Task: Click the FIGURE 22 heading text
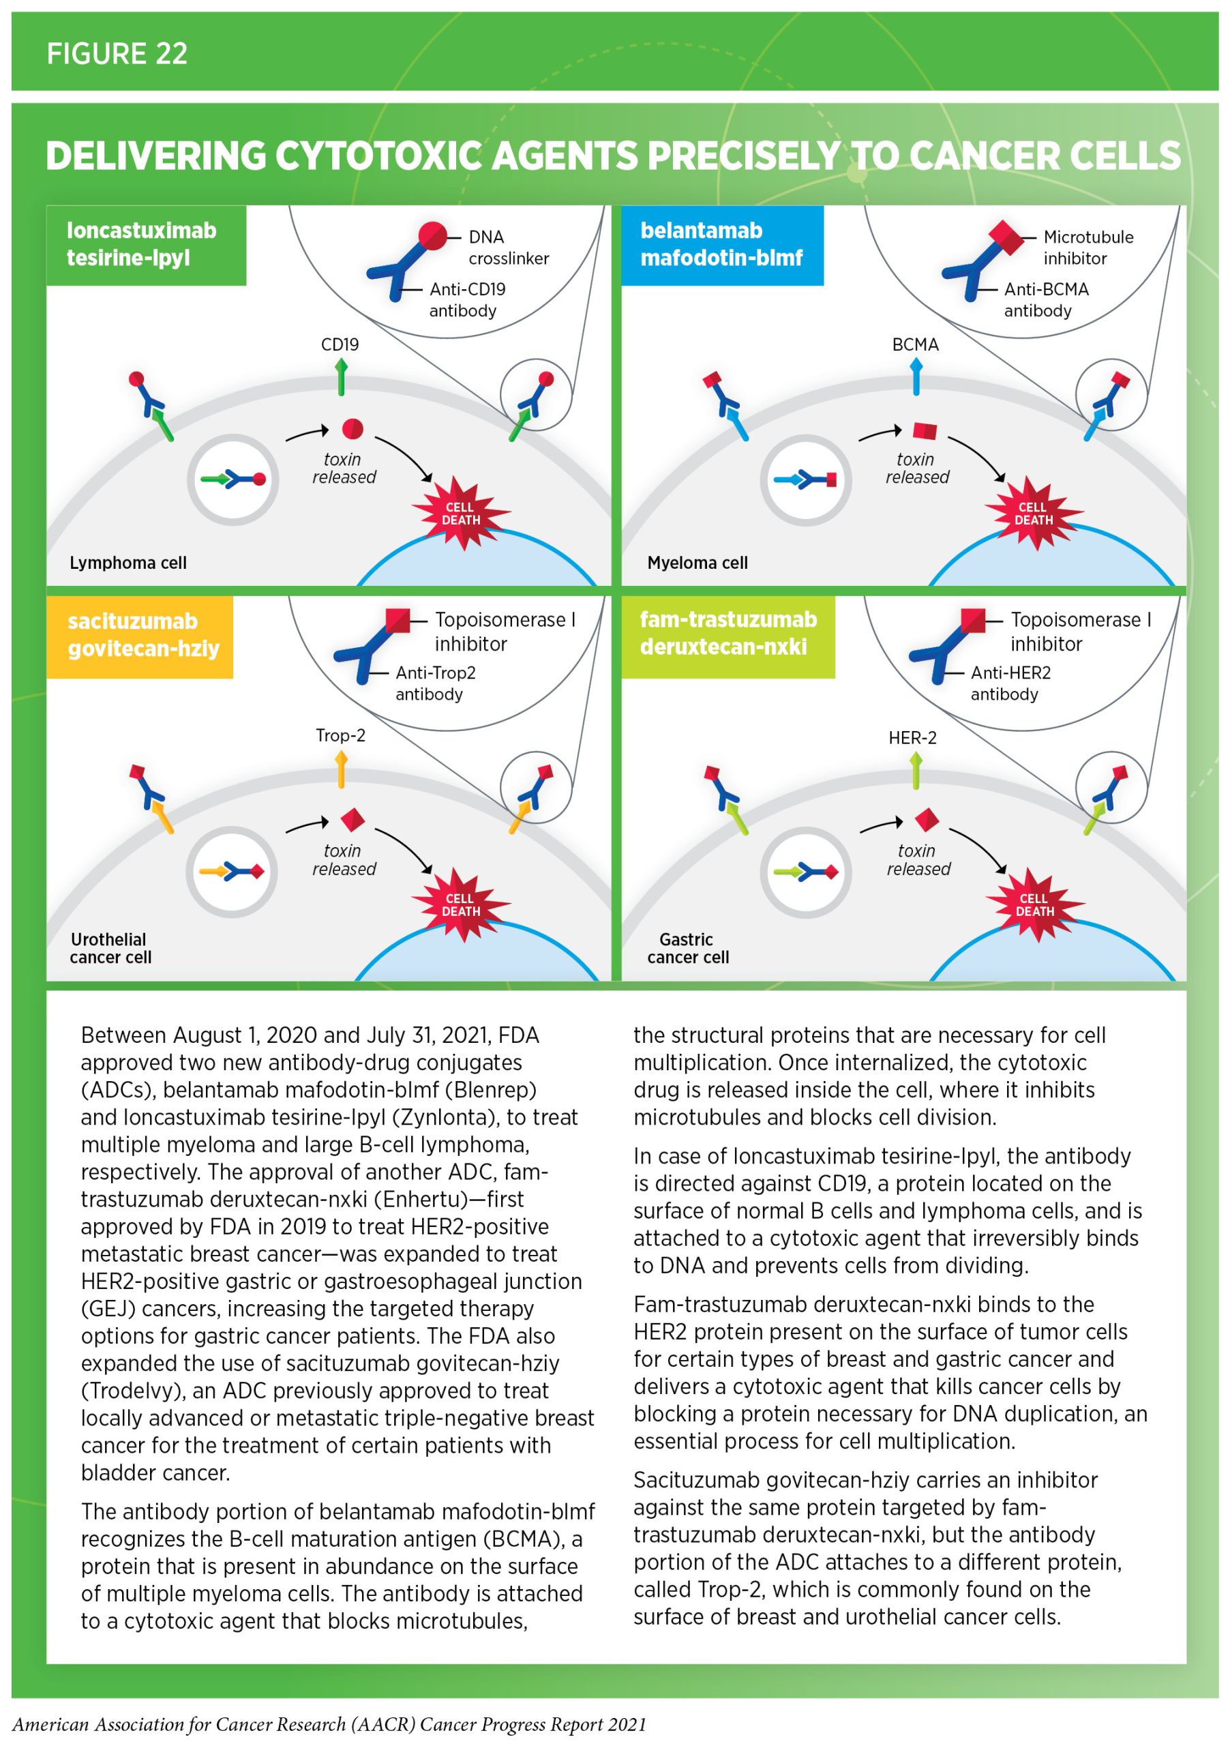[x=117, y=53]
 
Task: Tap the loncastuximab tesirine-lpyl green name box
[x=145, y=244]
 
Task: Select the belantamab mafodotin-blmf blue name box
[x=721, y=244]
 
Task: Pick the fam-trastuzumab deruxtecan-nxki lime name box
[x=727, y=634]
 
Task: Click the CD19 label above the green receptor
[x=340, y=344]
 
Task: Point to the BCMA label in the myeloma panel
[x=915, y=344]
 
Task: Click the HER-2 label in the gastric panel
[x=912, y=738]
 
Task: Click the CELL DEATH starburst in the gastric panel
[x=1034, y=904]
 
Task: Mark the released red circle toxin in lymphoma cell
[x=352, y=429]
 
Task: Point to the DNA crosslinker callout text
[x=508, y=248]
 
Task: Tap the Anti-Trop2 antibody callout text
[x=435, y=683]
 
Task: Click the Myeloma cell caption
[x=697, y=563]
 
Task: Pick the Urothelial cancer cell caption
[x=110, y=948]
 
